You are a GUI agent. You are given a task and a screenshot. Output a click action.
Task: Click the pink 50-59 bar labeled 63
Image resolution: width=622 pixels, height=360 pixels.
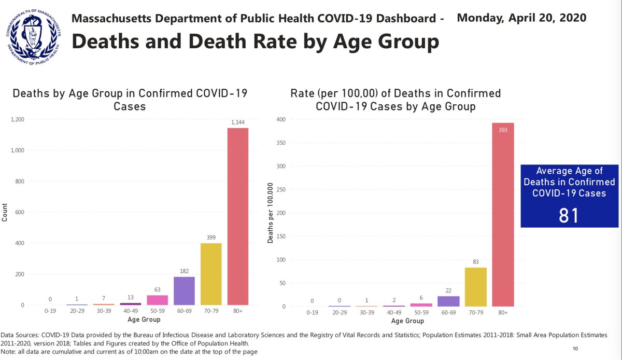(157, 300)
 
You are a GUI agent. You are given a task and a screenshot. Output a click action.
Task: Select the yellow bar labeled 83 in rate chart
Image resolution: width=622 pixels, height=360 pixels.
(476, 286)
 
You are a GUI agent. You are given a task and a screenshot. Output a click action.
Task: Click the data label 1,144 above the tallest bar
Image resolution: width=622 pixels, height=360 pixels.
(238, 122)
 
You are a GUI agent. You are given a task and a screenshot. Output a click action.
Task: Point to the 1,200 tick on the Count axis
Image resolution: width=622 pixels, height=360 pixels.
(17, 120)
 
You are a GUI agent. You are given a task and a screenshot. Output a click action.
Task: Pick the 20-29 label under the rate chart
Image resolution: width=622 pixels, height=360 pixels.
(339, 313)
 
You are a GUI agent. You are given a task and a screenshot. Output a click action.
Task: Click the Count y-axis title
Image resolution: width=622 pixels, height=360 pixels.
(5, 212)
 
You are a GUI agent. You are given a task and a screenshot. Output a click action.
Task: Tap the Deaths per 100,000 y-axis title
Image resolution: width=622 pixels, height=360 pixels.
(270, 213)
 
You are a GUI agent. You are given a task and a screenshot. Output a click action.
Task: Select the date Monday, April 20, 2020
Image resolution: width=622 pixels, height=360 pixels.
(521, 17)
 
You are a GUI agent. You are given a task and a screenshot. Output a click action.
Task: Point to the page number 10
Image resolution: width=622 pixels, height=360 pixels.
(576, 348)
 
